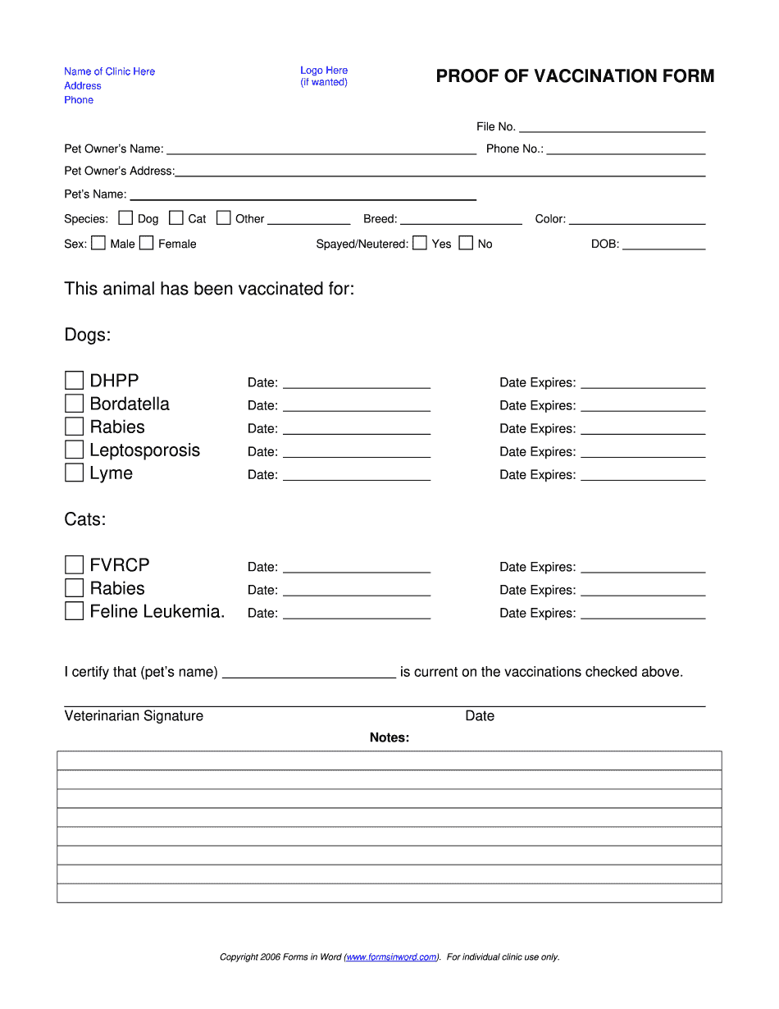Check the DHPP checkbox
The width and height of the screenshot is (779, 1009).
pyautogui.click(x=75, y=381)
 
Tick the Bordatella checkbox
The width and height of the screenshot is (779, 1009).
pyautogui.click(x=75, y=404)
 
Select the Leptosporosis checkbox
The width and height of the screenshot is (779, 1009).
pyautogui.click(x=75, y=450)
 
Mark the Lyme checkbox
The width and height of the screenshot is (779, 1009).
pyautogui.click(x=75, y=473)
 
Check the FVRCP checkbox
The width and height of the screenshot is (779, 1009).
pyautogui.click(x=75, y=565)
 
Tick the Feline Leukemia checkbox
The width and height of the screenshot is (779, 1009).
pyautogui.click(x=75, y=611)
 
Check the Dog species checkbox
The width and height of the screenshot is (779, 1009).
pyautogui.click(x=125, y=218)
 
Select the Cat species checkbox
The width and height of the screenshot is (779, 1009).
pyautogui.click(x=176, y=218)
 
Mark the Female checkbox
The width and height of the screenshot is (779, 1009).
pyautogui.click(x=147, y=243)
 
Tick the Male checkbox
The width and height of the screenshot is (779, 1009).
pyautogui.click(x=98, y=243)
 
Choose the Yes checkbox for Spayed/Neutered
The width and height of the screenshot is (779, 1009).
pyautogui.click(x=420, y=243)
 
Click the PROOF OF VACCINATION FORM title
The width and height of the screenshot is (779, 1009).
pyautogui.click(x=575, y=76)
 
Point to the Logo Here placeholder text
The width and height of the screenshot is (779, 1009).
pyautogui.click(x=324, y=71)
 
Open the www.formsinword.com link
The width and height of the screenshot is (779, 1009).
pyautogui.click(x=392, y=957)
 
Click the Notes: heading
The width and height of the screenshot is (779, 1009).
pyautogui.click(x=389, y=737)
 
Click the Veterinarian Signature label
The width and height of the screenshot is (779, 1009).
pyautogui.click(x=134, y=716)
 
